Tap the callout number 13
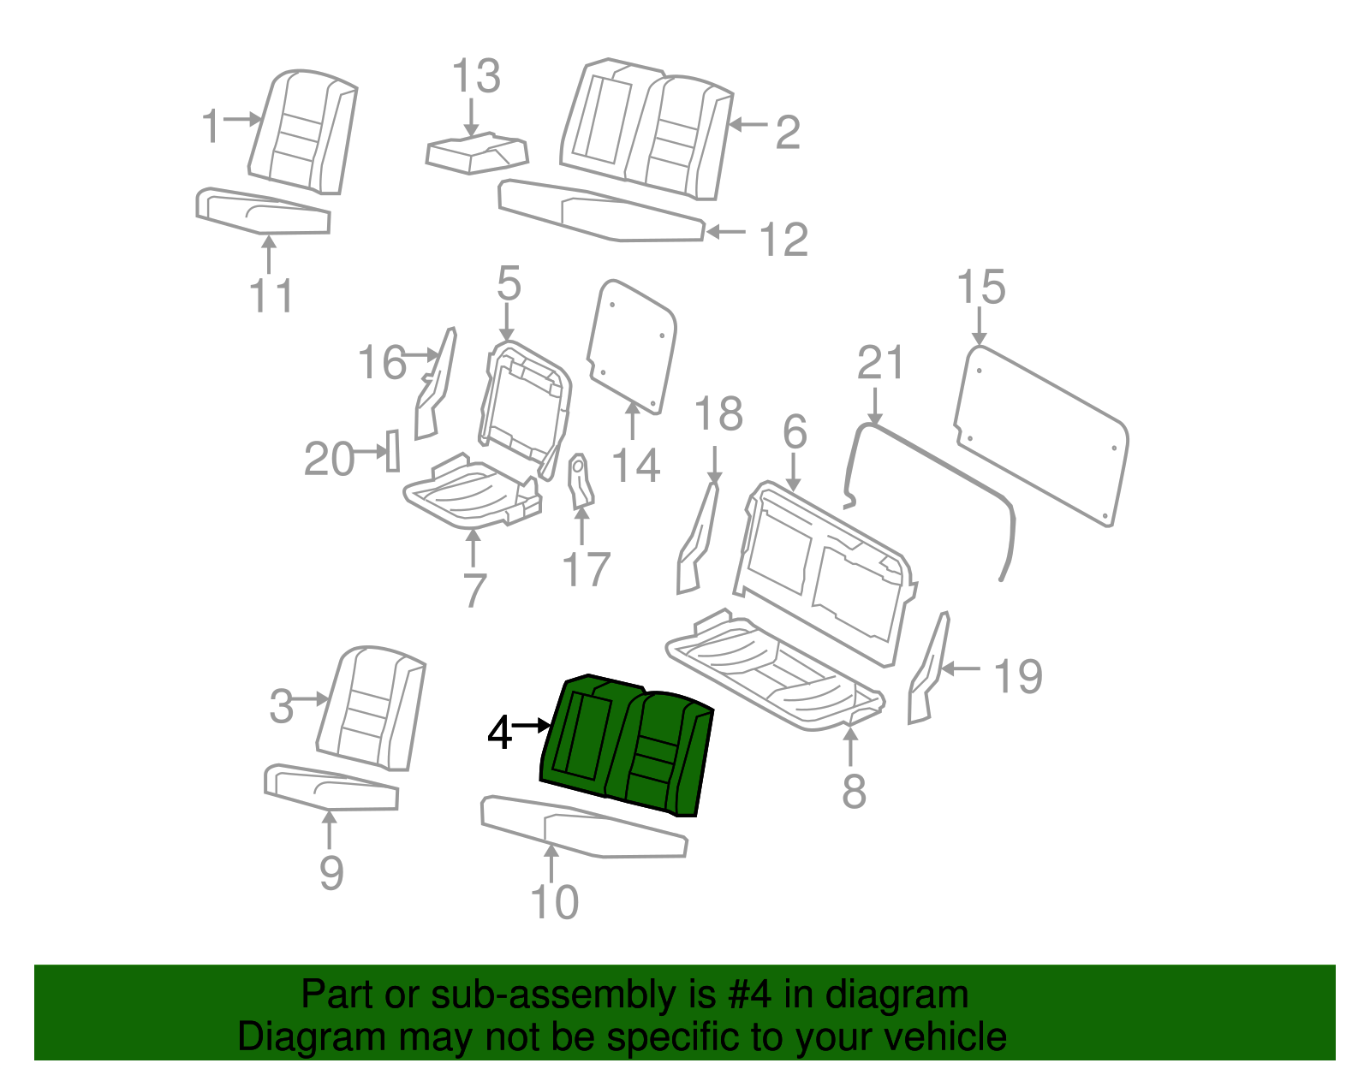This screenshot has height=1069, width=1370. pos(475,77)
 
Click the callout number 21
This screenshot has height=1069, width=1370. pos(880,364)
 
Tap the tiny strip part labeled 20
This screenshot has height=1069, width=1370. pos(393,450)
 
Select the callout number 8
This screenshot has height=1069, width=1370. pos(854,792)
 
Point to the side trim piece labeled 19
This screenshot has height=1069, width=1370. pos(928,668)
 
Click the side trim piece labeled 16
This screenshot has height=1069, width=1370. pos(436,385)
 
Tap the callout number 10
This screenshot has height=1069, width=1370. pos(555,902)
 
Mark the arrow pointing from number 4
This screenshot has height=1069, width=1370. pos(532,726)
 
